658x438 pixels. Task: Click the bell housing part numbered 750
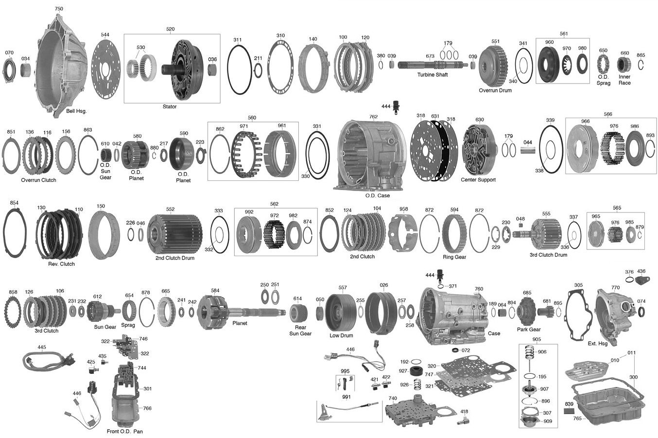[62, 66]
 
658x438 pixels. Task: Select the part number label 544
[105, 35]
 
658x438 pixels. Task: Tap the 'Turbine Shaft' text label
[433, 74]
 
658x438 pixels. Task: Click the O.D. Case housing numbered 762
[370, 155]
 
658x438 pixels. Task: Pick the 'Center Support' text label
[478, 179]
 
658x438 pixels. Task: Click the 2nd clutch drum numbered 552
[174, 234]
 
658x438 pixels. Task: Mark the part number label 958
[404, 209]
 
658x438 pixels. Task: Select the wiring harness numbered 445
[49, 361]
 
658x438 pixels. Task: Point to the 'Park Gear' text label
[529, 329]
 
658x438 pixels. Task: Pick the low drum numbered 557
[341, 312]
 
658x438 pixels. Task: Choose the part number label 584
[215, 291]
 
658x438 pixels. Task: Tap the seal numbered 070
[9, 71]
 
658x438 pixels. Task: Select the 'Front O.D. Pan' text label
[124, 431]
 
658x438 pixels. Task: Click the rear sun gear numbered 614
[298, 313]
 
